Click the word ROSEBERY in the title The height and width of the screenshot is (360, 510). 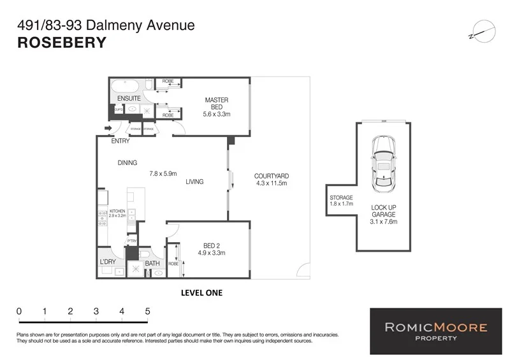coord(61,43)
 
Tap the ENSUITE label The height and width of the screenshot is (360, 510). coord(128,99)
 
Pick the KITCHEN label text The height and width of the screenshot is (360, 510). coord(118,211)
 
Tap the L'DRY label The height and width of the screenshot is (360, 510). coord(108,262)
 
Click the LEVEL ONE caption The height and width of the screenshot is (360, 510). coord(202,293)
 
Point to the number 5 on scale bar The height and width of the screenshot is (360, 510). coord(147,311)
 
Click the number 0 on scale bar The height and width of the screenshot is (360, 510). coord(20,311)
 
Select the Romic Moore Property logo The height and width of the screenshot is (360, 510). coord(436,331)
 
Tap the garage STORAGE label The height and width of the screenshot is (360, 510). coord(341,198)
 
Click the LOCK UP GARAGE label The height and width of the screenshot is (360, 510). coord(384,211)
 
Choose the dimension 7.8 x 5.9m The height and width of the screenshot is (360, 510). coord(163,173)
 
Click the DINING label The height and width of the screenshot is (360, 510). coord(127,163)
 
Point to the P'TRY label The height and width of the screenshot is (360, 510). coord(132,241)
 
